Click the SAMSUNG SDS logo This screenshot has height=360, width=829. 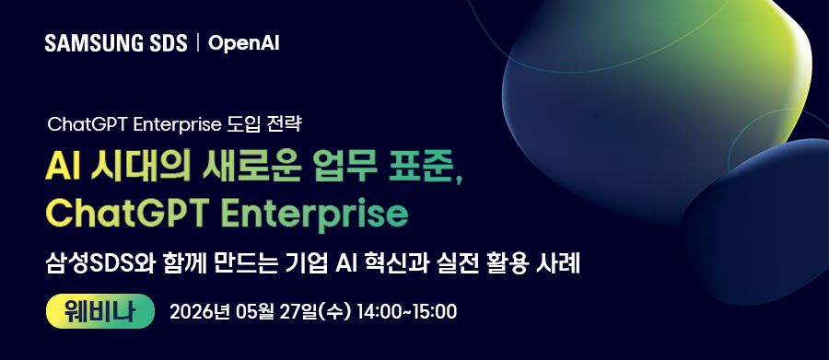pyautogui.click(x=116, y=43)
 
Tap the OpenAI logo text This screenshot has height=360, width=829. pyautogui.click(x=244, y=44)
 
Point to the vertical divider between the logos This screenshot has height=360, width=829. pyautogui.click(x=198, y=43)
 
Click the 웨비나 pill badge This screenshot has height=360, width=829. pyautogui.click(x=99, y=311)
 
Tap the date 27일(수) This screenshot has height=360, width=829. pyautogui.click(x=314, y=312)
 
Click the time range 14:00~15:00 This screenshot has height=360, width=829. pyautogui.click(x=406, y=312)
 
